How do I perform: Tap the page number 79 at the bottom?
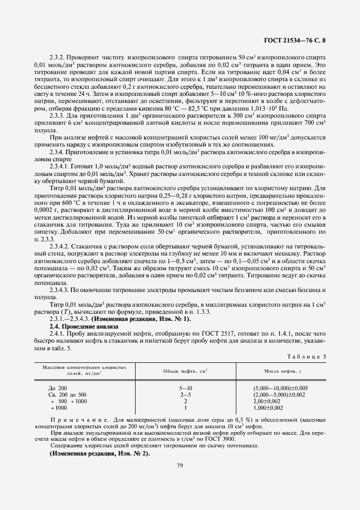[x=179, y=465]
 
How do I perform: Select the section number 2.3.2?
[x=58, y=57]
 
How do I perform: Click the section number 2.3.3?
[x=58, y=114]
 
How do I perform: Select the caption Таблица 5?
[x=306, y=356]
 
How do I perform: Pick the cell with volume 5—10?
[x=185, y=388]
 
